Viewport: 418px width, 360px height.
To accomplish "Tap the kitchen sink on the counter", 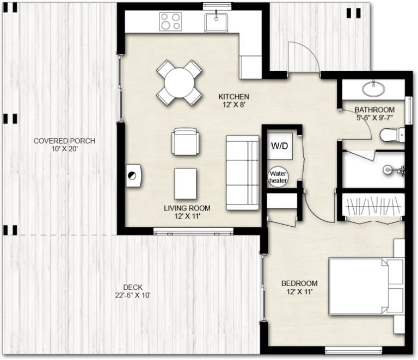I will [217, 23].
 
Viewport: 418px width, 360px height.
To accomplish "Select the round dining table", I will [179, 83].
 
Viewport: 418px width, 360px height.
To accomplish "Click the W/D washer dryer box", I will [279, 146].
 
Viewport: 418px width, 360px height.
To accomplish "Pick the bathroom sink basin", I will [374, 87].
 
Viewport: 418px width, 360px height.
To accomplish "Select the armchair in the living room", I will [185, 142].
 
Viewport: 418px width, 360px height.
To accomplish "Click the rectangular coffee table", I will [186, 183].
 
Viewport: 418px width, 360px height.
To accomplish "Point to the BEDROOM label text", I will [299, 283].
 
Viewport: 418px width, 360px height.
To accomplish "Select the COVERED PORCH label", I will [64, 141].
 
